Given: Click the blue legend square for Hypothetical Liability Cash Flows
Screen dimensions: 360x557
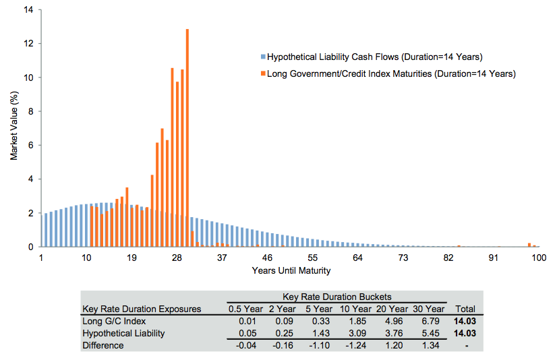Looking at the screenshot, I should [x=263, y=57].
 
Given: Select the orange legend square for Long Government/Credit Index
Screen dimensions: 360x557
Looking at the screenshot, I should [x=263, y=74].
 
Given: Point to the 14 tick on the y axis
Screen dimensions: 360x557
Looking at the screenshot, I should [x=28, y=10].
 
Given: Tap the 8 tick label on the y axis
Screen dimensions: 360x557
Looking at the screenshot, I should [x=30, y=111].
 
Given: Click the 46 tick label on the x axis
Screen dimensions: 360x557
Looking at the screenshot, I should [x=267, y=258].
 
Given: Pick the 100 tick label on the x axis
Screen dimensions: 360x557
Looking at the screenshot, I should [x=538, y=258].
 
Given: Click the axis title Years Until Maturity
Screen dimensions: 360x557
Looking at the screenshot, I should [x=291, y=270].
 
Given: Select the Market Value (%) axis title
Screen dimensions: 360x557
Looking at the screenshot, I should [x=13, y=128].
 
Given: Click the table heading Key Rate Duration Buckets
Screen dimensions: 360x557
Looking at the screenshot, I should [x=337, y=297].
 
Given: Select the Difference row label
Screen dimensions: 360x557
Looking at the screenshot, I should [x=102, y=345].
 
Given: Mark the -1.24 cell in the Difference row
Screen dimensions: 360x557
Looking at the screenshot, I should [x=355, y=345].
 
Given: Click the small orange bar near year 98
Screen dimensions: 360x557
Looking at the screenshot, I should [x=529, y=245].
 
